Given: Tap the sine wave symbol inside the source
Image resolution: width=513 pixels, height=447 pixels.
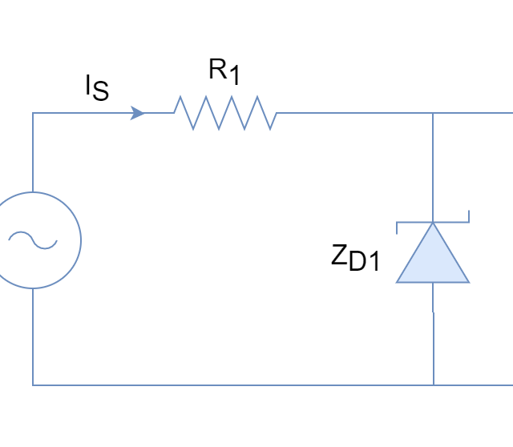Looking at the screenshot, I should click(33, 240).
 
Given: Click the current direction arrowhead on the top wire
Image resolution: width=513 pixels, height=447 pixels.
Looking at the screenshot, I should click(139, 114).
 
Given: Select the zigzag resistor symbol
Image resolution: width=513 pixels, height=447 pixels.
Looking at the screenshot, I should click(225, 113).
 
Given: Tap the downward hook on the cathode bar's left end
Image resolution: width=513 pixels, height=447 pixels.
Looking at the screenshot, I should click(398, 228).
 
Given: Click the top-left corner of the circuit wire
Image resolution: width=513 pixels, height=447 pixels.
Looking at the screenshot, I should click(33, 113).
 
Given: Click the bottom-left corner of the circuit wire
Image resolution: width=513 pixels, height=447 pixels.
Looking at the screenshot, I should click(33, 385).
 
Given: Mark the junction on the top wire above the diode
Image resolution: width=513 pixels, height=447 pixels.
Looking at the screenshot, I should click(433, 113).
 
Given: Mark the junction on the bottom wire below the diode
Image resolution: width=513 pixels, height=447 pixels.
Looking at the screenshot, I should click(434, 385).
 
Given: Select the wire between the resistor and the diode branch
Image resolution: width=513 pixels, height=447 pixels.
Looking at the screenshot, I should click(353, 113).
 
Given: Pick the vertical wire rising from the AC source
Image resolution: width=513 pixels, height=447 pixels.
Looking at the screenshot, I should click(33, 152).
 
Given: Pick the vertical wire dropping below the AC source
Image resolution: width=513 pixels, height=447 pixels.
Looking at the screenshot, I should click(33, 336).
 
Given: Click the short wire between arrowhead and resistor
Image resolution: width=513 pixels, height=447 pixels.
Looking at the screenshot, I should click(160, 113).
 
